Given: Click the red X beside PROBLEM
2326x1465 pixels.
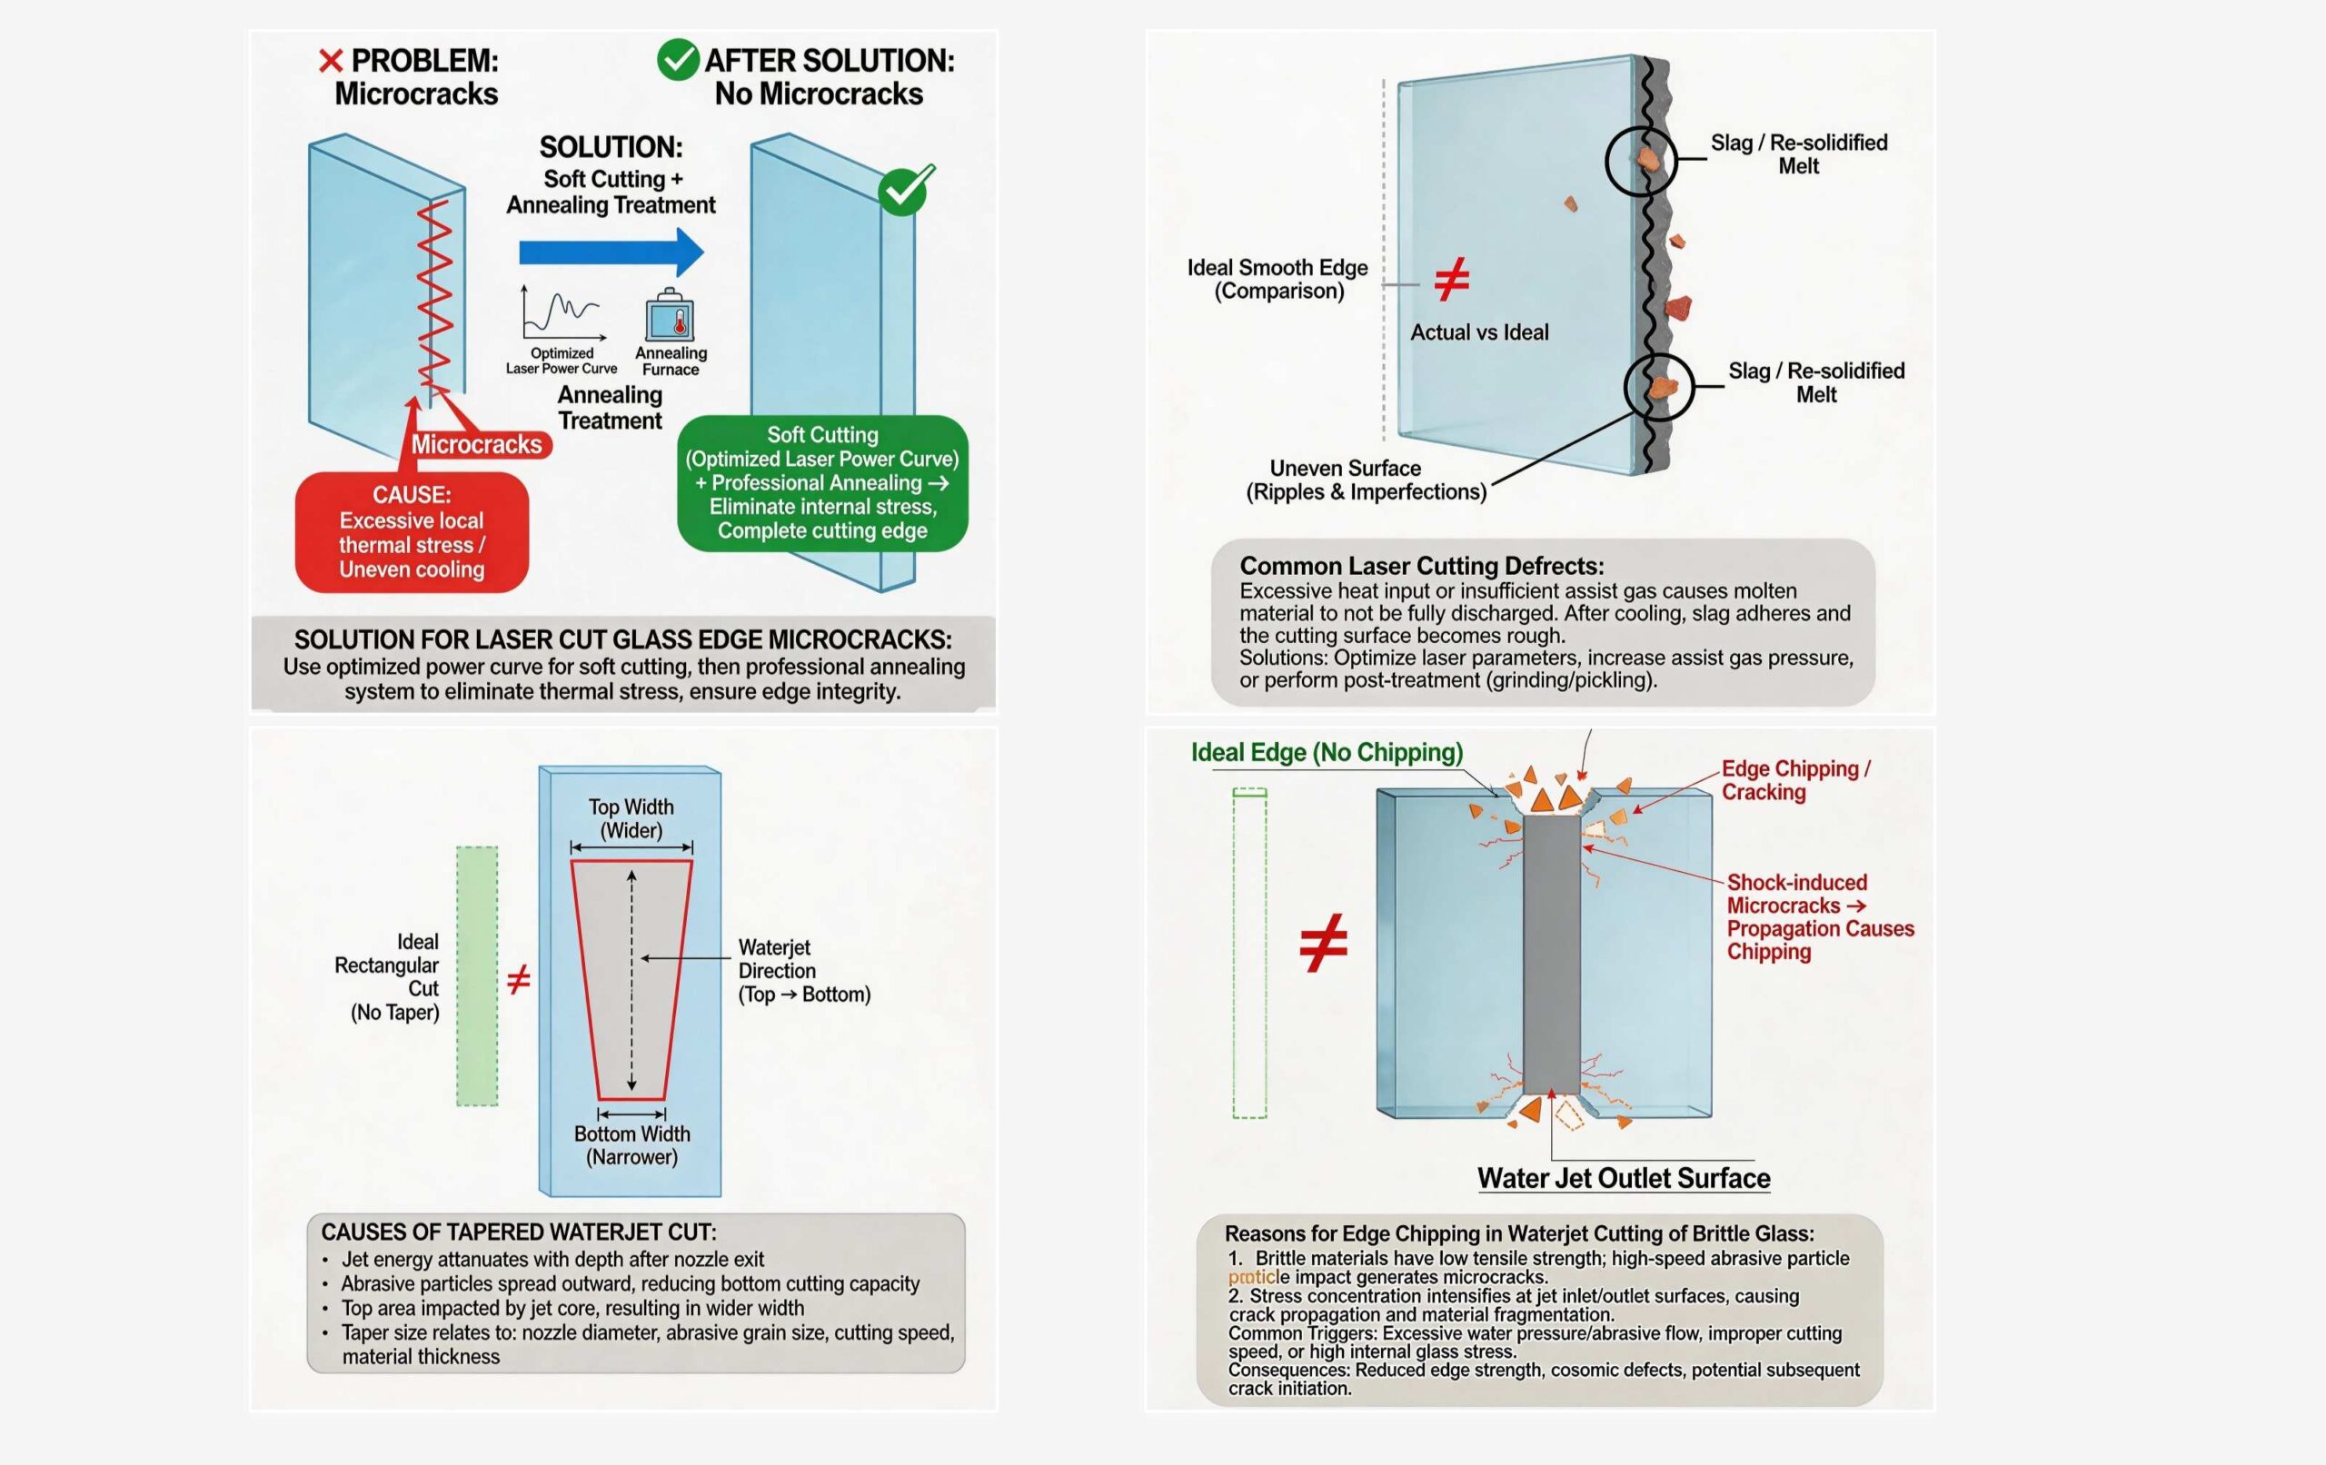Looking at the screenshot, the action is tap(331, 61).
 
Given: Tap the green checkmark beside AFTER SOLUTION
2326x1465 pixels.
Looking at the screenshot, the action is tap(678, 60).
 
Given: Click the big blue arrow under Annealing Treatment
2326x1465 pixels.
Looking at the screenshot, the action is tap(611, 253).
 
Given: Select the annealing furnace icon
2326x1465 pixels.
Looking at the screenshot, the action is tap(671, 315).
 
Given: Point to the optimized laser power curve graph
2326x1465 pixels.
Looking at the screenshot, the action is tap(563, 314).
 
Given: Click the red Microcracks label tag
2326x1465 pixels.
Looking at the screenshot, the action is tap(477, 444).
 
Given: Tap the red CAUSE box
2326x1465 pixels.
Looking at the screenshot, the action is tap(413, 532).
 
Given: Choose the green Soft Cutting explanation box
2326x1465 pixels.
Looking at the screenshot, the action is tap(823, 483).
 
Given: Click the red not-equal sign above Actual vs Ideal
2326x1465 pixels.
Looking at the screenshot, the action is tap(1452, 279).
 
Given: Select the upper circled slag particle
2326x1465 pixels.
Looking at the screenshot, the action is tap(1641, 162).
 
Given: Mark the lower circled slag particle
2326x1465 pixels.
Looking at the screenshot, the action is tap(1659, 386).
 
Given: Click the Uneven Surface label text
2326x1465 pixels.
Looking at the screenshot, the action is tap(1366, 480).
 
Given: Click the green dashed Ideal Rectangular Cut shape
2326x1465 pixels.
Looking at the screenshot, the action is tap(477, 976).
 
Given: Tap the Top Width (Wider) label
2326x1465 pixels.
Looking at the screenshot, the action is tap(631, 818).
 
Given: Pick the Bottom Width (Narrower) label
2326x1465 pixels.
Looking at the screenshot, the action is tap(631, 1145).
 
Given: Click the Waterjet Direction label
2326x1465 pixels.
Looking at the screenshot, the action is tap(805, 971).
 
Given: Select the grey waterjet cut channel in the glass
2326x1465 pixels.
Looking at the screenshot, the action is tap(1551, 955).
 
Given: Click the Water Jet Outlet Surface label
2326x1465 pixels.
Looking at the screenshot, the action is tap(1624, 1178).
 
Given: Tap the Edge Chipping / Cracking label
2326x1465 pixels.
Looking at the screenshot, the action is tap(1795, 780).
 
